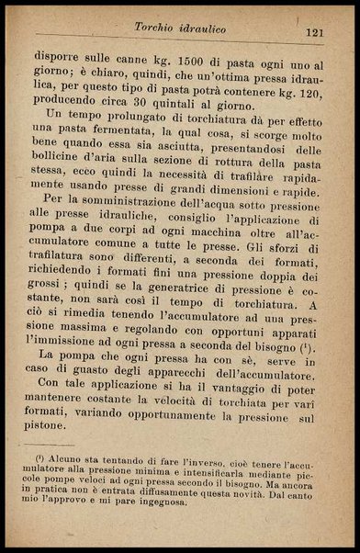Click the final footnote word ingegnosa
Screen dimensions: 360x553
tap(162, 502)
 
